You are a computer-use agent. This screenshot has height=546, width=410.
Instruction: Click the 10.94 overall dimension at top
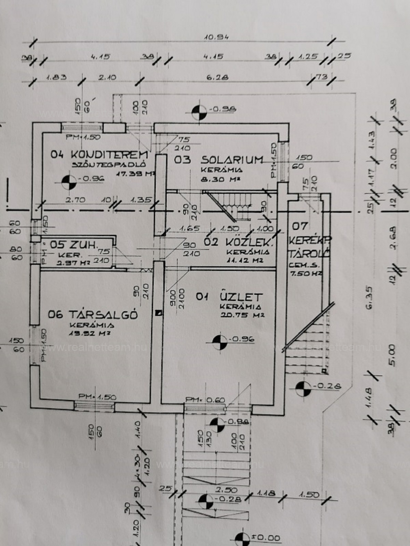[216, 37]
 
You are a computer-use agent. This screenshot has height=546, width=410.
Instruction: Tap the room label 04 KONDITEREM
[99, 154]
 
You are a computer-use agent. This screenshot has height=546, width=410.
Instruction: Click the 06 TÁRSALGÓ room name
[93, 314]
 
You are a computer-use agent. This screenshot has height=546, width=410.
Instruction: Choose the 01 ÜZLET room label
[229, 297]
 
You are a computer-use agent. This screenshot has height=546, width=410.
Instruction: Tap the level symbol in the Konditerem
[69, 181]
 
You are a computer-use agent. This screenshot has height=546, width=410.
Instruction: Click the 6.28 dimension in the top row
[217, 77]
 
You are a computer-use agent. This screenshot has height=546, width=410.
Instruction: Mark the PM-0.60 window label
[205, 400]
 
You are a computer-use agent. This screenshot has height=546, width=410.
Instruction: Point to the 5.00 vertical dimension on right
[392, 355]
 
